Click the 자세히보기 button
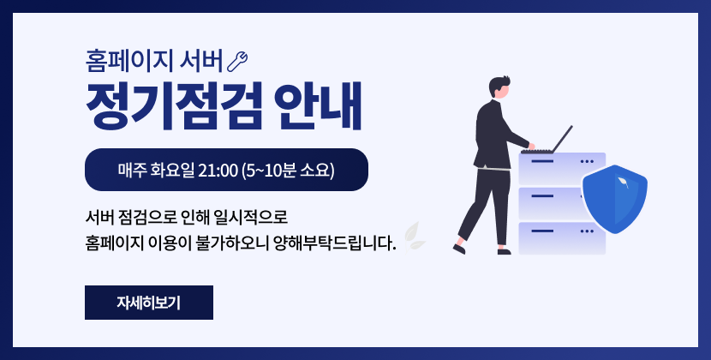(x=148, y=303)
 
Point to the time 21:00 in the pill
(x=217, y=170)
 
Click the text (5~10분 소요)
(x=289, y=170)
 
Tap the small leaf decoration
(x=415, y=235)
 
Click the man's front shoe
(x=505, y=251)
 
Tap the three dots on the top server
(x=587, y=161)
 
